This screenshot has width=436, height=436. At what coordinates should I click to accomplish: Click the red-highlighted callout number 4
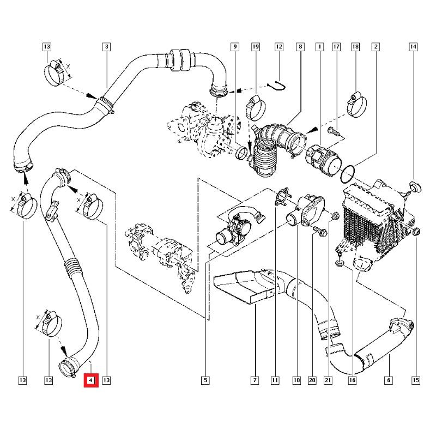pyautogui.click(x=91, y=380)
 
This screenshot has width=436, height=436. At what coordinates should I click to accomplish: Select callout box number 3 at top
pyautogui.click(x=106, y=47)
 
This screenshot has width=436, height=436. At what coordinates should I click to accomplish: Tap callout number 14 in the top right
pyautogui.click(x=413, y=47)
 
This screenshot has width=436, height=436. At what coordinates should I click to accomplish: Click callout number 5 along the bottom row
pyautogui.click(x=205, y=380)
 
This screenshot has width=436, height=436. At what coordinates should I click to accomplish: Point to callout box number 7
pyautogui.click(x=255, y=380)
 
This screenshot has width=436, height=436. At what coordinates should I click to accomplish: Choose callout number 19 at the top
pyautogui.click(x=255, y=47)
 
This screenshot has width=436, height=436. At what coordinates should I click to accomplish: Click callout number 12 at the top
pyautogui.click(x=279, y=47)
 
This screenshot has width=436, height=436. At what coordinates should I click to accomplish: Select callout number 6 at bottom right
pyautogui.click(x=389, y=380)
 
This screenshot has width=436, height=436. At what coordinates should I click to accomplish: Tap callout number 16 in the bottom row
pyautogui.click(x=352, y=380)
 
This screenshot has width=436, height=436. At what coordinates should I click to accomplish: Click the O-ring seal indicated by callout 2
pyautogui.click(x=347, y=174)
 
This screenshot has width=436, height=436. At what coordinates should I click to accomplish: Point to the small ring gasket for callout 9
pyautogui.click(x=241, y=154)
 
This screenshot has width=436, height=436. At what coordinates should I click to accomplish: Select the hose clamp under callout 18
pyautogui.click(x=357, y=105)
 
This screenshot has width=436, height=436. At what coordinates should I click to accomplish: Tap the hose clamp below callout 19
pyautogui.click(x=256, y=108)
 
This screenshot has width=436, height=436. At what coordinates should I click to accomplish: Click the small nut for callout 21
pyautogui.click(x=335, y=215)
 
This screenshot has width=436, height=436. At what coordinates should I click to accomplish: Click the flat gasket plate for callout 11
pyautogui.click(x=282, y=197)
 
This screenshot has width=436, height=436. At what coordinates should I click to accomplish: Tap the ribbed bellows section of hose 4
pyautogui.click(x=72, y=268)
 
